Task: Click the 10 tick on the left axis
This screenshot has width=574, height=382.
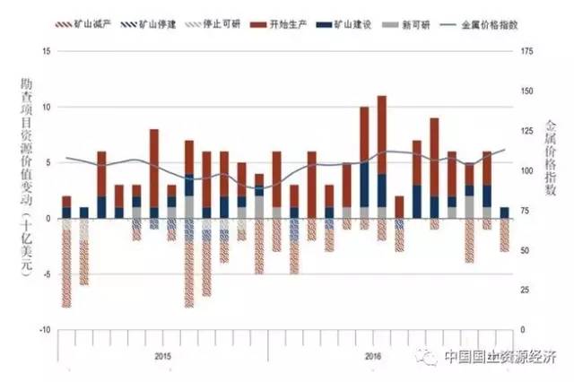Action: coord(48,107)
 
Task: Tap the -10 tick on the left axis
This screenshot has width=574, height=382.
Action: coord(46,330)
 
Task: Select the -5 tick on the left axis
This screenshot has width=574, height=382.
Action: coord(48,273)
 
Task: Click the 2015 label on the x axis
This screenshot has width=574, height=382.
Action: coord(162,356)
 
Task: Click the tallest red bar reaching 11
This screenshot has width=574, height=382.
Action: coord(382,135)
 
